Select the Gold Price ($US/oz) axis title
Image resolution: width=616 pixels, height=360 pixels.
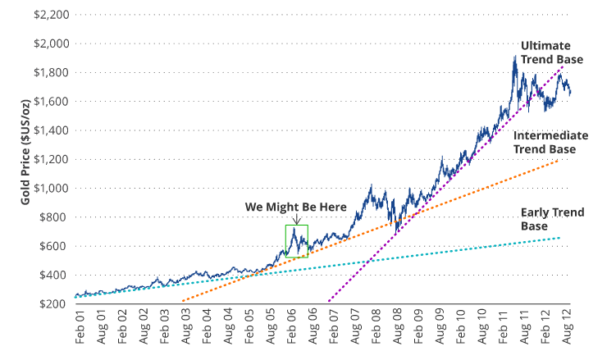coord(16,159)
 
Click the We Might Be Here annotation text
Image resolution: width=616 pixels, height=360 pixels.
coord(296,206)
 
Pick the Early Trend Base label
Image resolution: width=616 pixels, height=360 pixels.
coord(553,219)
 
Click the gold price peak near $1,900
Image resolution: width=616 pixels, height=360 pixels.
coord(515,57)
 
